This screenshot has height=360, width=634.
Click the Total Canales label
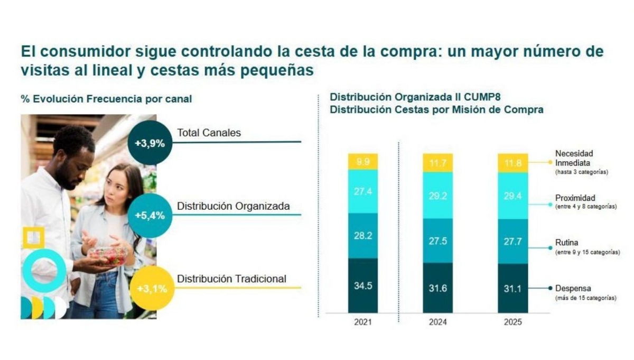209,133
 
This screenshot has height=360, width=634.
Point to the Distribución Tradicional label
232,279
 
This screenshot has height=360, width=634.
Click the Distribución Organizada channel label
234,206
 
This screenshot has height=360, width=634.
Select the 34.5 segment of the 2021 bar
363,286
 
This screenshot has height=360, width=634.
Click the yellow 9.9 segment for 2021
363,162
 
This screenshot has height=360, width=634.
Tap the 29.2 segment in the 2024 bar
438,195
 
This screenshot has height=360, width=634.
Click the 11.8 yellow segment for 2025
514,163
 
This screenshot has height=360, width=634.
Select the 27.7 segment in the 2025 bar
514,241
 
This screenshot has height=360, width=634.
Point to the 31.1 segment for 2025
514,288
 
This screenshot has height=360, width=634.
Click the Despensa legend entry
573,289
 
